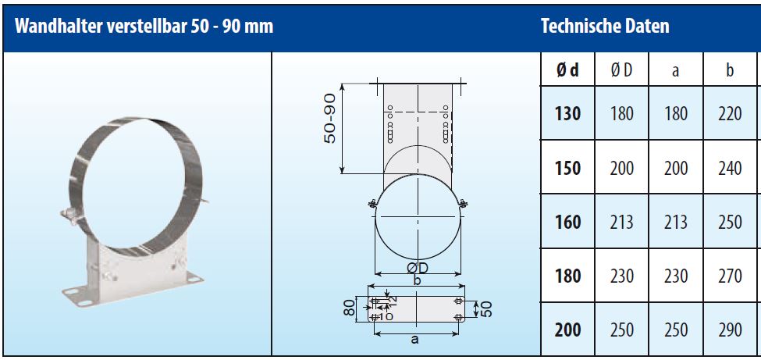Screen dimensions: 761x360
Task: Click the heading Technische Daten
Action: [x=605, y=27]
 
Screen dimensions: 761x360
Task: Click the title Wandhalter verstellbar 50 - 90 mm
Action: [x=144, y=27]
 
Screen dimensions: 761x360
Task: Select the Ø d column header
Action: [x=567, y=70]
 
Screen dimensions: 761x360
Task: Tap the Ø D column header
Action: [x=622, y=70]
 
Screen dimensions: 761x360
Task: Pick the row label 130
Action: [x=567, y=114]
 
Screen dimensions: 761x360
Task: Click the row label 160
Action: [x=567, y=222]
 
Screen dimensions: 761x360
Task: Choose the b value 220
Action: [x=731, y=114]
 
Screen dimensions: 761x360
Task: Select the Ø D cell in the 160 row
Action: [x=622, y=222]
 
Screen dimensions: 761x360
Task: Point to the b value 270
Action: [x=731, y=276]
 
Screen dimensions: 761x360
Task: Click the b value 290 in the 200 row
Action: [x=731, y=330]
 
